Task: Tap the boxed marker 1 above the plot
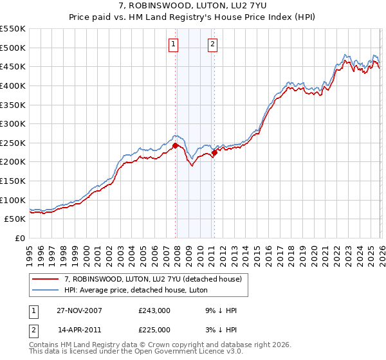pos(174,44)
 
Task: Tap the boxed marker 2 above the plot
pos(213,44)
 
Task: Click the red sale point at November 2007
pos(175,146)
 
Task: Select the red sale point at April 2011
pos(214,152)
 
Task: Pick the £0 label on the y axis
pos(21,238)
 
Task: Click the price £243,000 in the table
pos(154,310)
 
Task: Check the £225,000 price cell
pos(154,330)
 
